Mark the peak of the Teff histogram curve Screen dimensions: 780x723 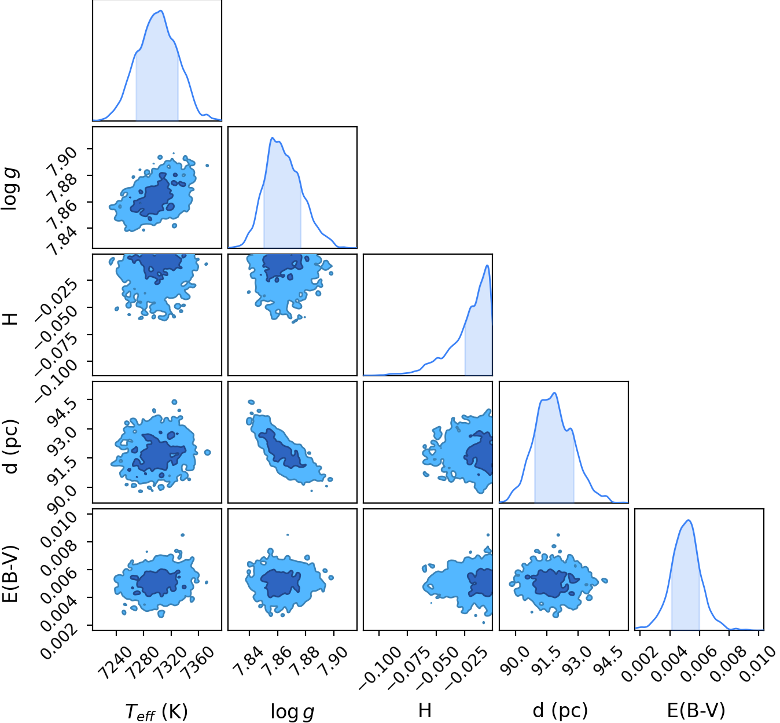click(x=161, y=10)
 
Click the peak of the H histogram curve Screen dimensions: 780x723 click(x=487, y=265)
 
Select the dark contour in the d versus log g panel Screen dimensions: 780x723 click(x=282, y=449)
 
